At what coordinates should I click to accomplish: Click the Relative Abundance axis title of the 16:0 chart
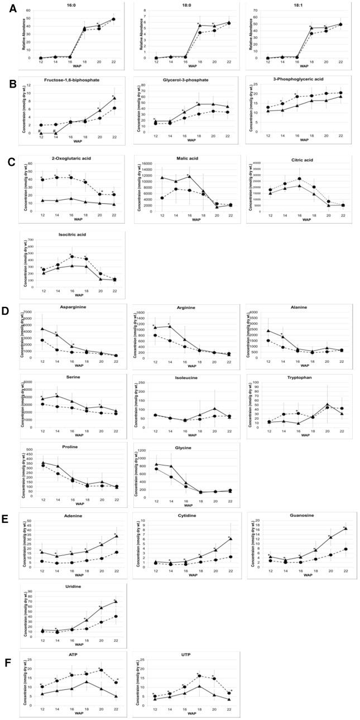[x=23, y=35]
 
